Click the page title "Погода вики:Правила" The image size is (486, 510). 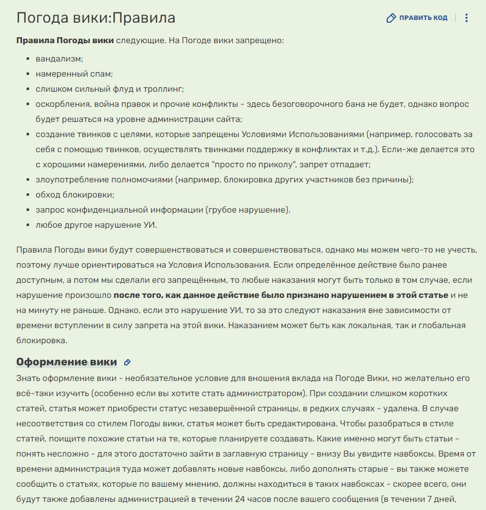(x=96, y=18)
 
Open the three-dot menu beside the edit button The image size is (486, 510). (x=467, y=18)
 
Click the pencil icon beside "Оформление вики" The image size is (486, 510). (x=127, y=362)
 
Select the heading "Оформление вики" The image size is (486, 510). (x=66, y=362)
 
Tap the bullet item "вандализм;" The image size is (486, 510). (x=59, y=58)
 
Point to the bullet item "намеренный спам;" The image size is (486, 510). (x=74, y=73)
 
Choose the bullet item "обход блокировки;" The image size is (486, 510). (x=75, y=194)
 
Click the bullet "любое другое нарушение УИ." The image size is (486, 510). (x=96, y=225)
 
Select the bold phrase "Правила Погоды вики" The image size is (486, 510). (x=65, y=40)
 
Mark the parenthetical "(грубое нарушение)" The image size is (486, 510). (x=248, y=209)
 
